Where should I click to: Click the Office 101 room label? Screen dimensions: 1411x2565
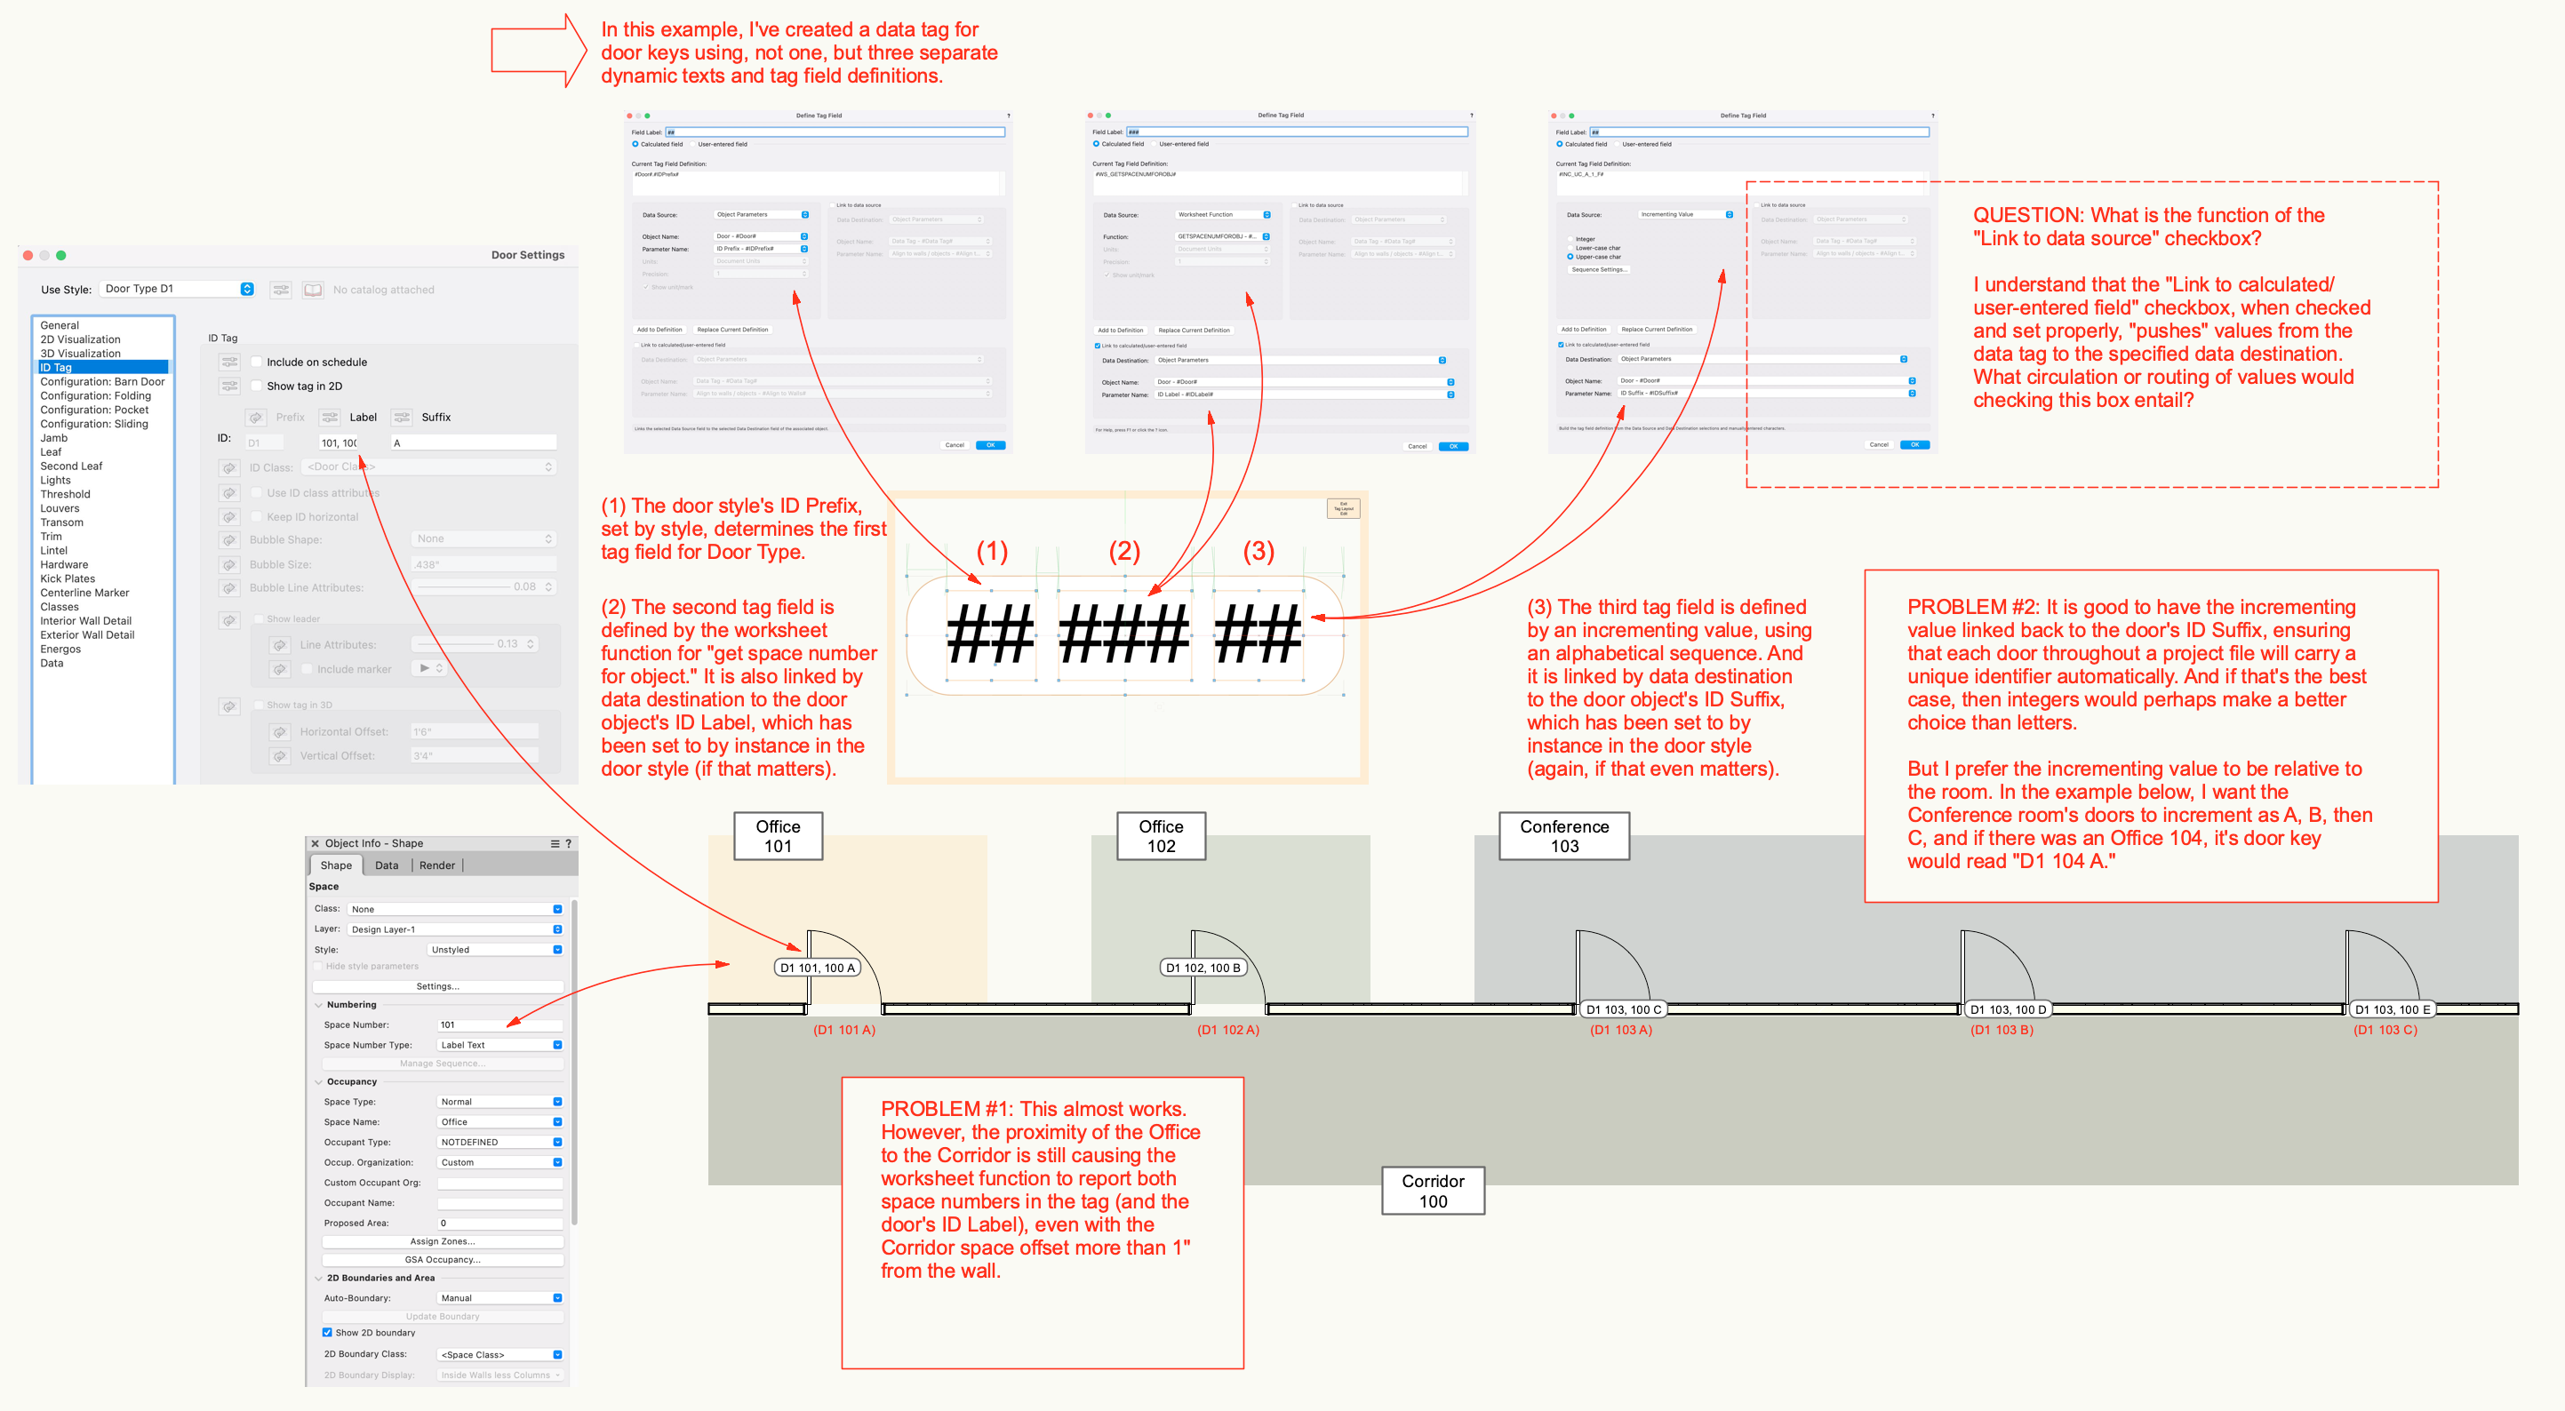(x=778, y=835)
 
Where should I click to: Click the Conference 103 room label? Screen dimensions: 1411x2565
(x=1563, y=835)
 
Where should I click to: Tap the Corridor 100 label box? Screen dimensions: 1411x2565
(x=1432, y=1190)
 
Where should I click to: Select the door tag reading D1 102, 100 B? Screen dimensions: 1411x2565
(x=1203, y=967)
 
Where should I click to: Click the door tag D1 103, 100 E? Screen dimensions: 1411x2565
(x=2391, y=1008)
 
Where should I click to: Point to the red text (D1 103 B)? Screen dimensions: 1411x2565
(x=2002, y=1030)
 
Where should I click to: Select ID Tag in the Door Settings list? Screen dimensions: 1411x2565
(x=56, y=368)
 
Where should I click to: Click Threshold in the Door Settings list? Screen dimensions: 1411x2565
(x=65, y=494)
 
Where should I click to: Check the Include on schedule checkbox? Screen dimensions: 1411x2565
(x=257, y=362)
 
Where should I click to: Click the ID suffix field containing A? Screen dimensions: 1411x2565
(x=473, y=442)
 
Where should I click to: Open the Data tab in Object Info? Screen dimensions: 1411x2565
(x=387, y=865)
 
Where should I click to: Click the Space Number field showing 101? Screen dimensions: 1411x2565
(x=498, y=1024)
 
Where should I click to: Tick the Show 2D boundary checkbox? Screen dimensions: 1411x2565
(x=326, y=1331)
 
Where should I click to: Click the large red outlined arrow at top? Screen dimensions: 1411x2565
(x=538, y=51)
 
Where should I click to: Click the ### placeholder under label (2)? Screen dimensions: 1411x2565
(x=1123, y=635)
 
